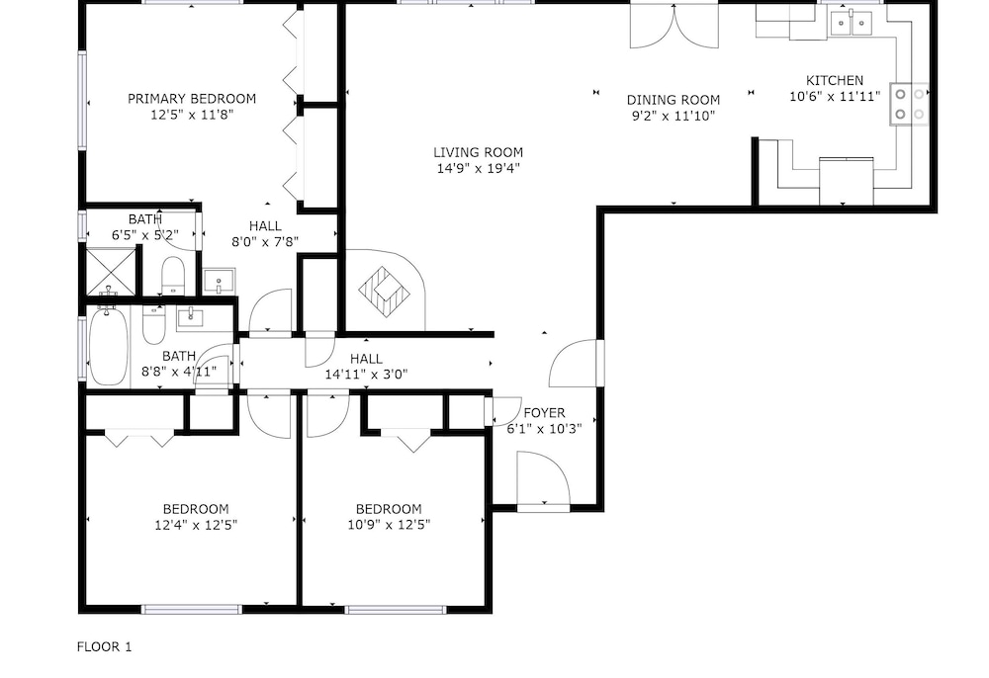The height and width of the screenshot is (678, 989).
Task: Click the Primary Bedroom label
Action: (192, 98)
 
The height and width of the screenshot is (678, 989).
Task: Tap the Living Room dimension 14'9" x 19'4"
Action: (478, 168)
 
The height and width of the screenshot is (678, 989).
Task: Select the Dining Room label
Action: (673, 100)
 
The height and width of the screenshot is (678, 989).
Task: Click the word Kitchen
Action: (835, 80)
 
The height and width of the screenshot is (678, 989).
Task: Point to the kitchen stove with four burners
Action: (910, 104)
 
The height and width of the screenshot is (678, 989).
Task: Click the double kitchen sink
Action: (852, 24)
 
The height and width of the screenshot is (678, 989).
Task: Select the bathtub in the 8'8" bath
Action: (109, 346)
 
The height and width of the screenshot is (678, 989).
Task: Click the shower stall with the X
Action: (111, 272)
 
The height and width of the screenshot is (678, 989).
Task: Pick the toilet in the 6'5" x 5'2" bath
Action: (173, 276)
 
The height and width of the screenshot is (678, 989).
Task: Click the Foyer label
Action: (544, 413)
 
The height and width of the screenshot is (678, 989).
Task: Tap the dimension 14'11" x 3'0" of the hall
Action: (366, 374)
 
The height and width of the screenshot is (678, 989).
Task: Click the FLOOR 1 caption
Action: (104, 646)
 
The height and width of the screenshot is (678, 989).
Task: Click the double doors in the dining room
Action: (674, 26)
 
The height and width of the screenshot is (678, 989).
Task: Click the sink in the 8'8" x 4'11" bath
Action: (191, 317)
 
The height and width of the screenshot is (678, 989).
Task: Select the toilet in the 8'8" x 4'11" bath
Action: (153, 324)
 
